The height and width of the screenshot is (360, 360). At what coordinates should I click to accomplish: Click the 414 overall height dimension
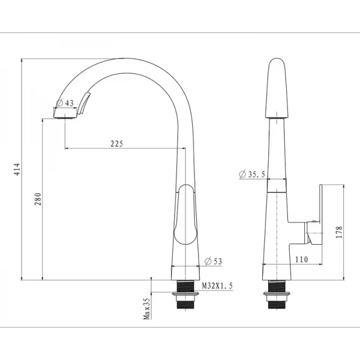click(x=17, y=169)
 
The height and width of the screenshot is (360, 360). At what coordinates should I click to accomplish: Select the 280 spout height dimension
click(x=38, y=199)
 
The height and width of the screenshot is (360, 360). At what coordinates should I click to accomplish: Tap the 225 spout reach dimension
click(x=117, y=144)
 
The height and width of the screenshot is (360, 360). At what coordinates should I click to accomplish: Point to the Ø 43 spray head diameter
click(x=65, y=103)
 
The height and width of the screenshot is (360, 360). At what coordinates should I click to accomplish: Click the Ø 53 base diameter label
click(x=213, y=261)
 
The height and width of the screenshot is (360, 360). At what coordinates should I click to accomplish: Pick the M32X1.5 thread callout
click(x=217, y=286)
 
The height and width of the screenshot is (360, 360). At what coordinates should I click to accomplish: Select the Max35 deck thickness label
click(x=146, y=309)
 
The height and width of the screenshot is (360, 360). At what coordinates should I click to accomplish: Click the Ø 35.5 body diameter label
click(x=252, y=174)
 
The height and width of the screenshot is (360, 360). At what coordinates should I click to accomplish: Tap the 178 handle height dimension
click(x=339, y=232)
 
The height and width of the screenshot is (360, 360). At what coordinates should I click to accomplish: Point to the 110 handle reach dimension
click(x=301, y=259)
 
